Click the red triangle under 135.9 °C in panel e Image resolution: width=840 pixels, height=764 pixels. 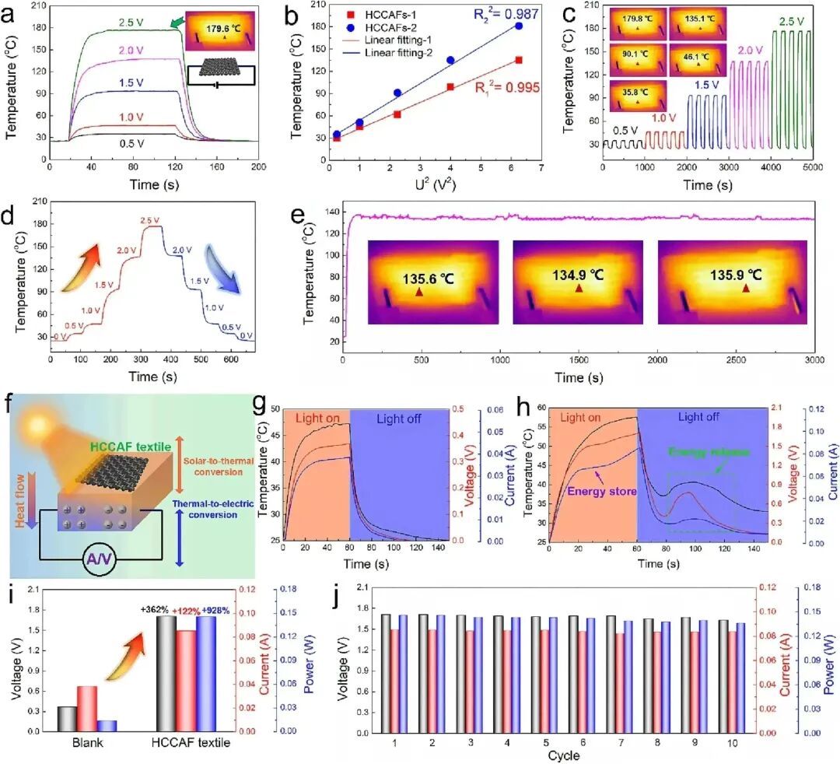(x=747, y=289)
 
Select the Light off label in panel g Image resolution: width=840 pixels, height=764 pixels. (x=400, y=419)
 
